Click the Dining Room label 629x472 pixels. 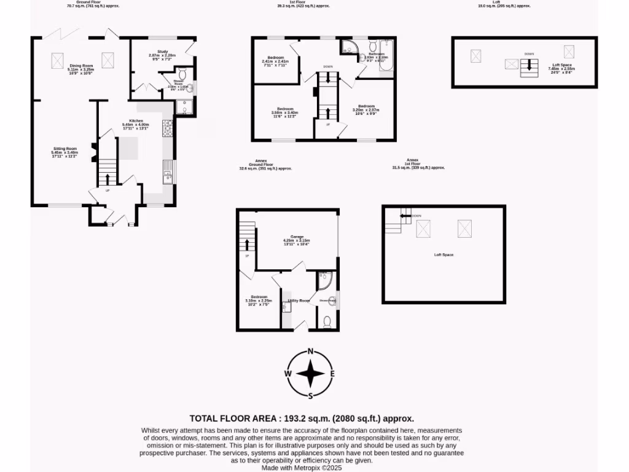coord(80,65)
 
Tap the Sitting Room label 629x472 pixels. coord(64,148)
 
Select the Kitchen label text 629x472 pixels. coord(136,120)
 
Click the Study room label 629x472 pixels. coord(162,52)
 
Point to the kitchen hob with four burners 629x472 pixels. coord(168,128)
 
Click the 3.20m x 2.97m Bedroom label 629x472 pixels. coord(367,106)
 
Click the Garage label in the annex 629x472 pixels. coord(297,236)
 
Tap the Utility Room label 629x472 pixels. coord(299,301)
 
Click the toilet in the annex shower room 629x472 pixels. coord(327,321)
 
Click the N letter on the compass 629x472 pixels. coord(311,352)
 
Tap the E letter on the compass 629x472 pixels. coord(332,373)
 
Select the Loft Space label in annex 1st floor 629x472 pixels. coord(443,254)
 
